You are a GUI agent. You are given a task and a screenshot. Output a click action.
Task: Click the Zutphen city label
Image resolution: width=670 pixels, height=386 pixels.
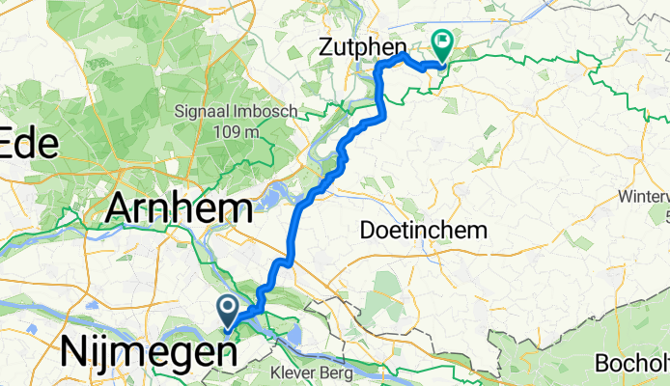click(361, 44)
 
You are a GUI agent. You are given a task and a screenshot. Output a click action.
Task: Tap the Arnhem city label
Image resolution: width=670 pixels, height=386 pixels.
click(181, 207)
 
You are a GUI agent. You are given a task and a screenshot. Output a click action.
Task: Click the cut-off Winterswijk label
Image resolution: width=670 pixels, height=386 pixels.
click(647, 197)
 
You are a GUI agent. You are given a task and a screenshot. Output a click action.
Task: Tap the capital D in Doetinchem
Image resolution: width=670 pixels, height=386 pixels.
click(368, 231)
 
